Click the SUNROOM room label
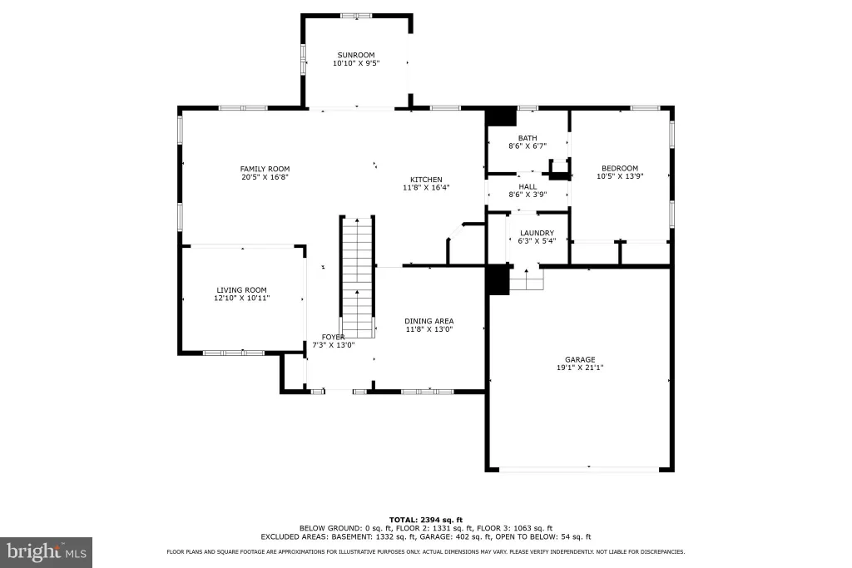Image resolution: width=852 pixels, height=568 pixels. [356, 55]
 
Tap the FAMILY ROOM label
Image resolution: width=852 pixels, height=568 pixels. [265, 169]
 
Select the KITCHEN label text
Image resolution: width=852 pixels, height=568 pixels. [426, 180]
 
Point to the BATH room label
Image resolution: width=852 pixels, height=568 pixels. [528, 138]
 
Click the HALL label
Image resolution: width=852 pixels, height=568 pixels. [528, 186]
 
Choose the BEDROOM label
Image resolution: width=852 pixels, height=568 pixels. [620, 168]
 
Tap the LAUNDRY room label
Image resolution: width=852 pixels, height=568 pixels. [537, 233]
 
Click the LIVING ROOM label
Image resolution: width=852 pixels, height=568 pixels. [242, 290]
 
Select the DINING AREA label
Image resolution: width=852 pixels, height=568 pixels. [429, 321]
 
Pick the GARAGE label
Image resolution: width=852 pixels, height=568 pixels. [580, 359]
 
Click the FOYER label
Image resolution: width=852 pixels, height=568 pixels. [333, 337]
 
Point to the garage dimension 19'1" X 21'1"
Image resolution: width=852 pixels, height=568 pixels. [580, 368]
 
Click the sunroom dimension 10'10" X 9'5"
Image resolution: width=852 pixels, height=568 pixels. [356, 63]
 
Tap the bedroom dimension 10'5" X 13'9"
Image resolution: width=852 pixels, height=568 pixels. [620, 176]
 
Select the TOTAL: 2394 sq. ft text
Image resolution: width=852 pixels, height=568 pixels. [426, 520]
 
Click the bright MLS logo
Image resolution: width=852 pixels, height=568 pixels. [47, 553]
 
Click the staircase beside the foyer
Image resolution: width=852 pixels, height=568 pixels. [358, 277]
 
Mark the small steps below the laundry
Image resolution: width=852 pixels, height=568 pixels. [526, 279]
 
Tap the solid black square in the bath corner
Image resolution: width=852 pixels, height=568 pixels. [500, 117]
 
